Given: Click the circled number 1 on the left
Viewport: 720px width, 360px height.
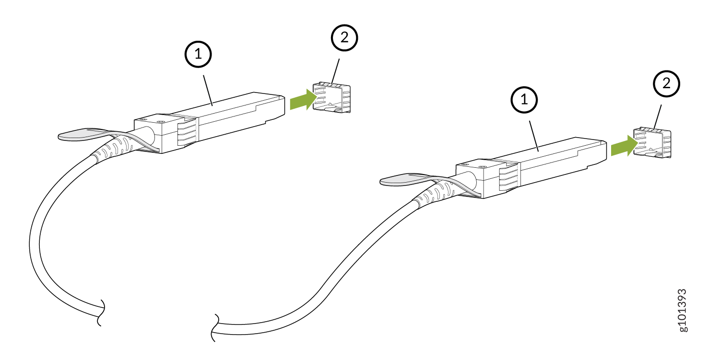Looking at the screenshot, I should point(198,56).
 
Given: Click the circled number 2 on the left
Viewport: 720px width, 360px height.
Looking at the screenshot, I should point(344,39).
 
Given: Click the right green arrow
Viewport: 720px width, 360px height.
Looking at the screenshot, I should point(624,146).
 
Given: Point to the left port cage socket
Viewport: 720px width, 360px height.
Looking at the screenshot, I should point(332,99).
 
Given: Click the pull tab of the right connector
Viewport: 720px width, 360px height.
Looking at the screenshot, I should point(401,180).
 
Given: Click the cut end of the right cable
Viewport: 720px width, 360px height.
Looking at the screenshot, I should point(214,328).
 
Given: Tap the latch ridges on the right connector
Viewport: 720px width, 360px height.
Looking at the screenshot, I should point(508,177).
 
